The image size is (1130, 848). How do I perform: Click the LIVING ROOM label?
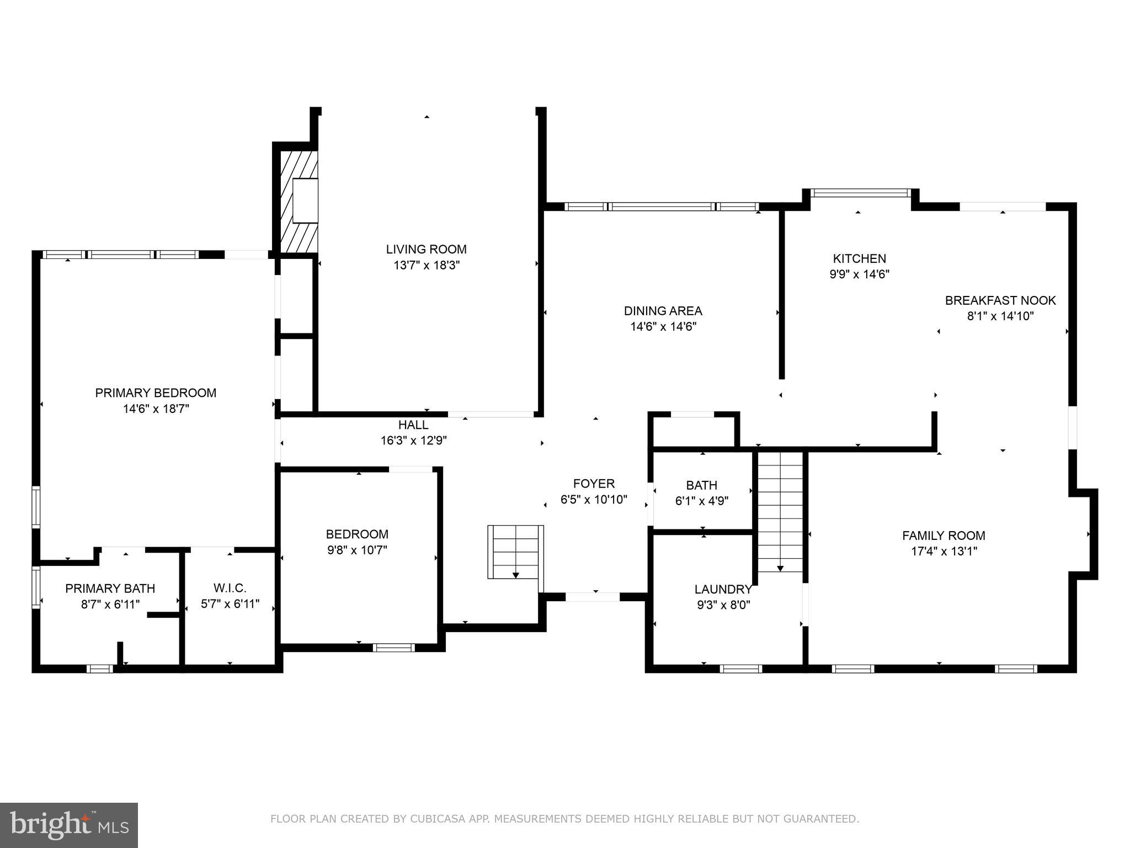(426, 249)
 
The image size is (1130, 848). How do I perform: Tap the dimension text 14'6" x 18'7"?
(156, 409)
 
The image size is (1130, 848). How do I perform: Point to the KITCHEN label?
(859, 258)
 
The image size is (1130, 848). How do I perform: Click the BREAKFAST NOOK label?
(1000, 300)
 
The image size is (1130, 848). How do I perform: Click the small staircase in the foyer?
(515, 552)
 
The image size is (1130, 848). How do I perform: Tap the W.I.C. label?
(230, 588)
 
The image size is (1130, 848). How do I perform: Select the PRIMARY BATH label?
(110, 589)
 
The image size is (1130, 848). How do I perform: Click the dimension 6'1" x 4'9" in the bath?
(701, 501)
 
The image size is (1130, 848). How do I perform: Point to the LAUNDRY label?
(723, 589)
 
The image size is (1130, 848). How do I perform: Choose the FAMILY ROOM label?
(944, 535)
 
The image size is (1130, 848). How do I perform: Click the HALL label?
(413, 425)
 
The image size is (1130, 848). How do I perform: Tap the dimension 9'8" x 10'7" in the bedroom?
(357, 550)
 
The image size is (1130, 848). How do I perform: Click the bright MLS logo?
(68, 825)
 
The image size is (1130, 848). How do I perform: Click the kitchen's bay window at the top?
(860, 193)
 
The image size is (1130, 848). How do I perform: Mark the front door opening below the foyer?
(593, 597)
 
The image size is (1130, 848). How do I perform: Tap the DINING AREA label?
(663, 311)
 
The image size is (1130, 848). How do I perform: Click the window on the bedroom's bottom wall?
(393, 648)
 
